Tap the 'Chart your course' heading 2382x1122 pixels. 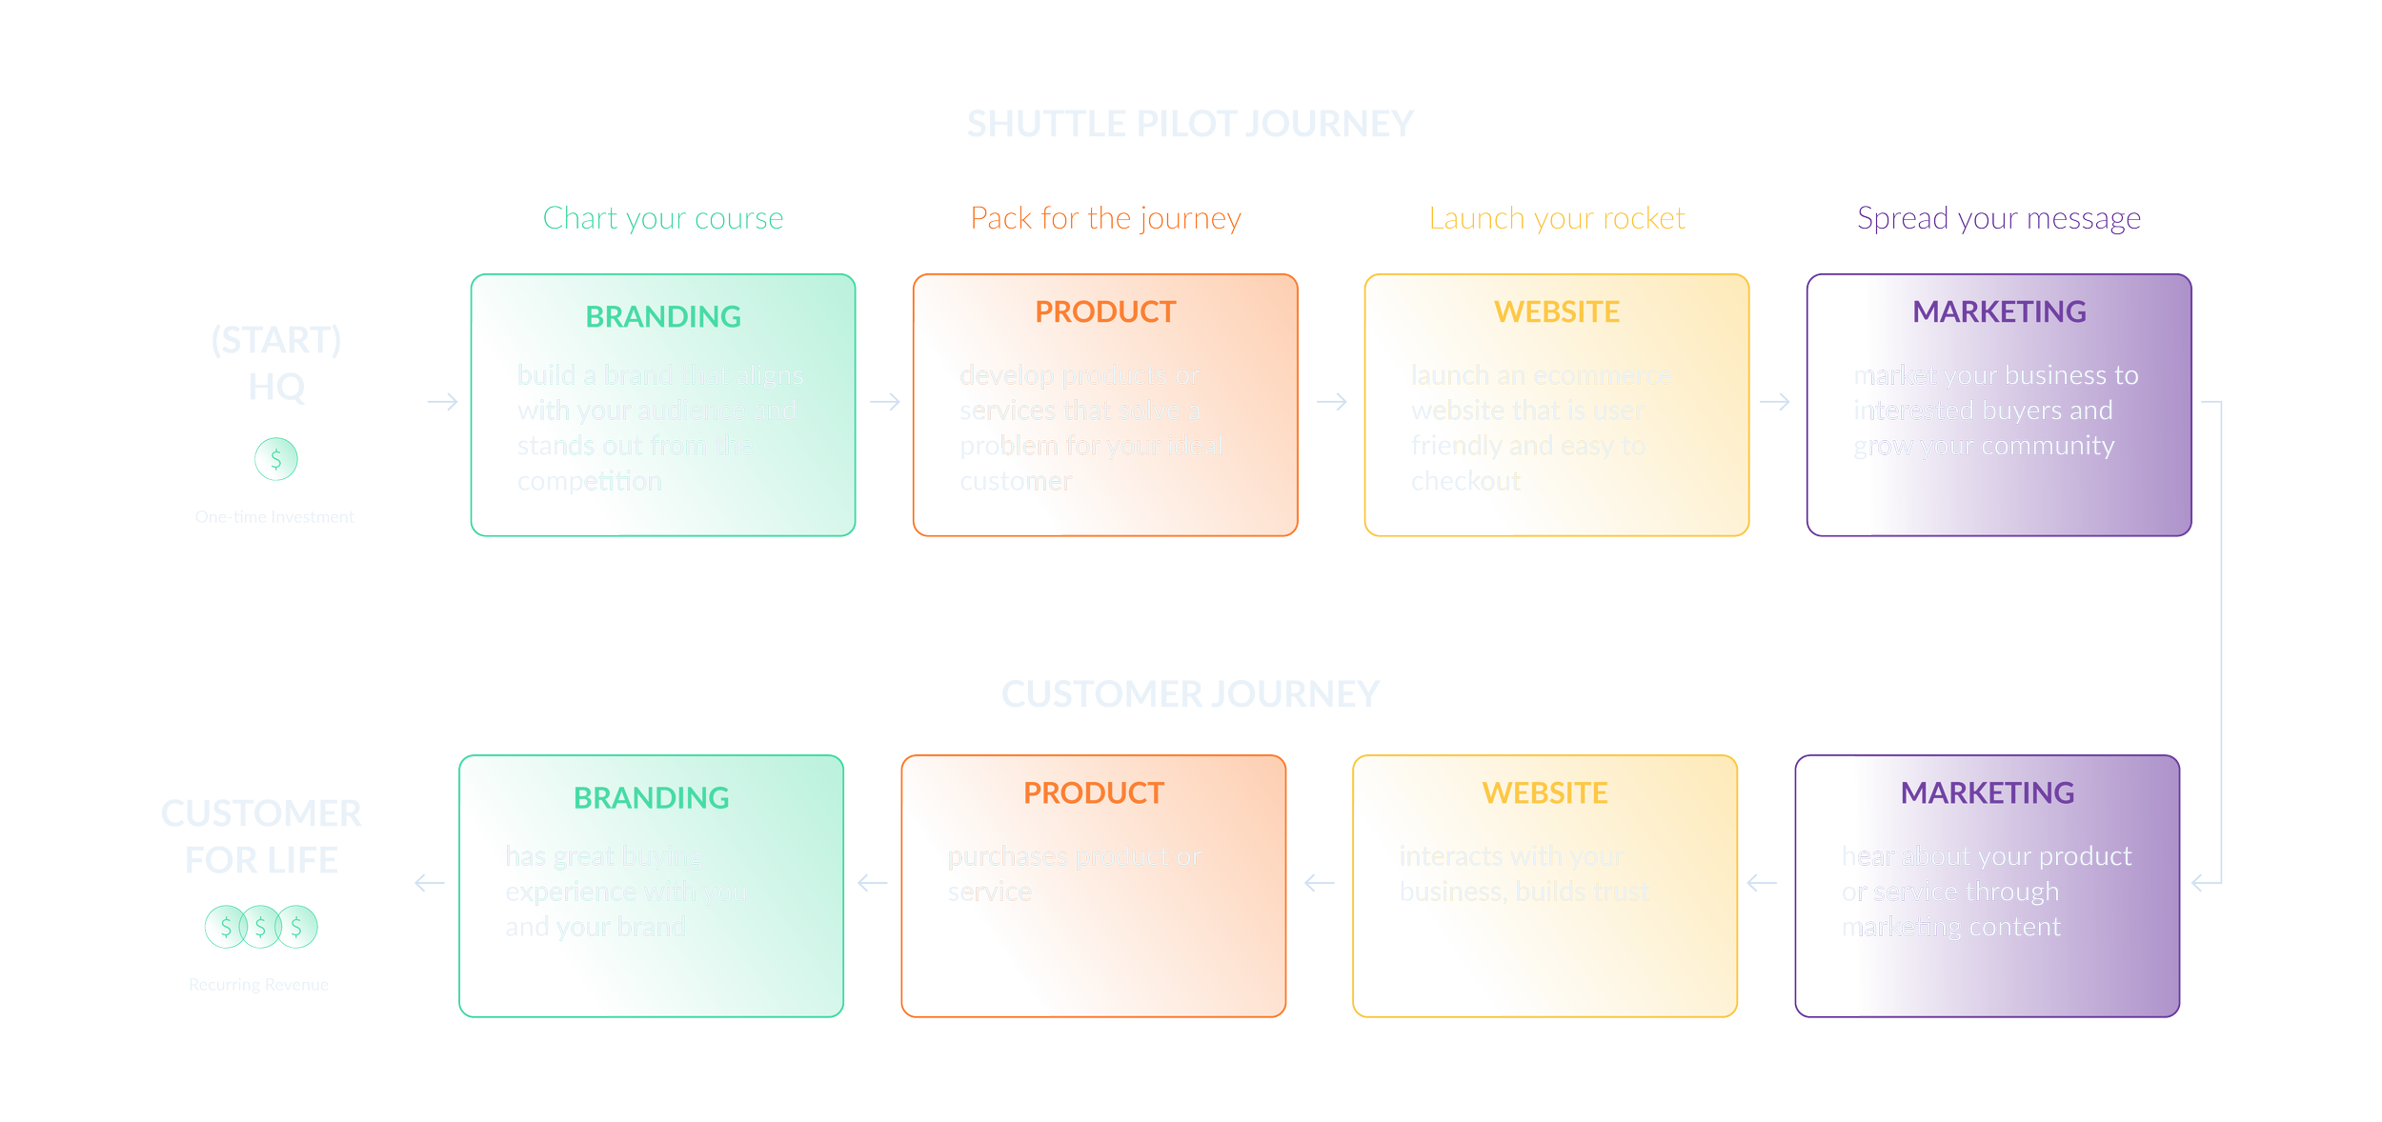[662, 219]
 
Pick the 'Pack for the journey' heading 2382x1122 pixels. [1105, 219]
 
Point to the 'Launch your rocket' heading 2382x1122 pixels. [1557, 219]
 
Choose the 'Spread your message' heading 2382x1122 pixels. [1999, 219]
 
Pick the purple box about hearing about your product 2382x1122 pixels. [1988, 886]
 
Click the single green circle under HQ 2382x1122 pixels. [276, 458]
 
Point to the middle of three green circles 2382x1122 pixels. [261, 926]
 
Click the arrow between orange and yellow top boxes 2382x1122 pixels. [1332, 402]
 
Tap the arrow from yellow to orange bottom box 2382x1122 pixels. [1322, 883]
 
